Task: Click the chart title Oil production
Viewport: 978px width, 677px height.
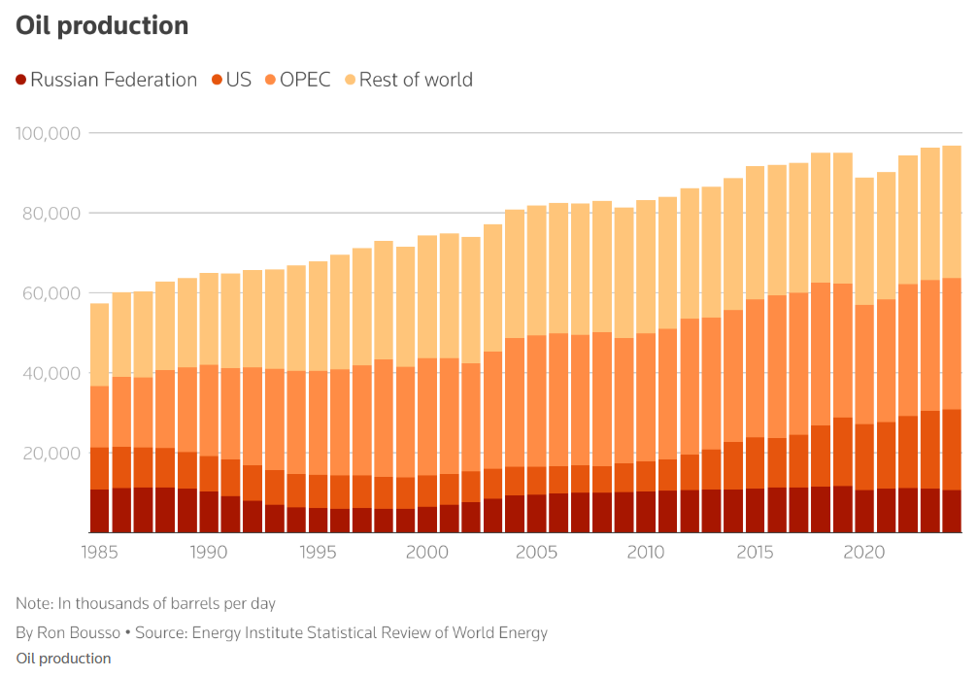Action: click(x=102, y=25)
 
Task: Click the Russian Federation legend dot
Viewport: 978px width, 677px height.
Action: click(x=21, y=80)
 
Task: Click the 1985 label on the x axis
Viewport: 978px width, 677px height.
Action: click(x=99, y=553)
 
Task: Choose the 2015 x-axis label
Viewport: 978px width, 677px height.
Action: click(x=755, y=553)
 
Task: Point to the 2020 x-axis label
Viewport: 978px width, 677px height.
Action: click(x=863, y=553)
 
